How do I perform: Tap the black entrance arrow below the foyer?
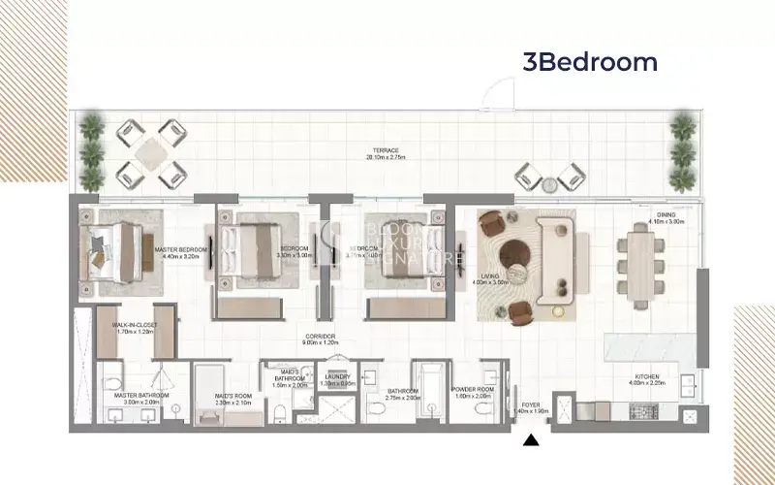click(x=530, y=442)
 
